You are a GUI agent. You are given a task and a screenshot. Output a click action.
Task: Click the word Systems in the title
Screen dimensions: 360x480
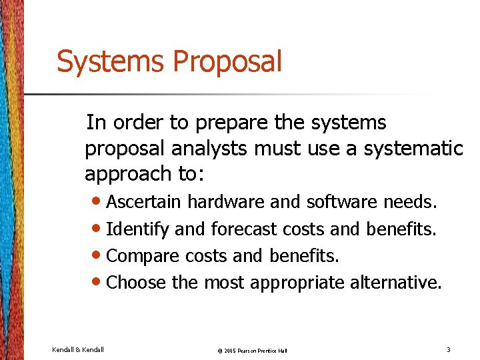coord(111,61)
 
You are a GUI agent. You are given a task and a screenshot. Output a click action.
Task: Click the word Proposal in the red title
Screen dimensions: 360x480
coord(227,63)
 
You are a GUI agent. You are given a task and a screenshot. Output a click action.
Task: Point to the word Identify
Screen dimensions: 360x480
coord(138,229)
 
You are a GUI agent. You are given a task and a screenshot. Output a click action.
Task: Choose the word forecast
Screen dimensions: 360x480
coord(244,229)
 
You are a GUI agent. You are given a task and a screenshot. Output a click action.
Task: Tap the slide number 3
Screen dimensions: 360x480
coord(449,349)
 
